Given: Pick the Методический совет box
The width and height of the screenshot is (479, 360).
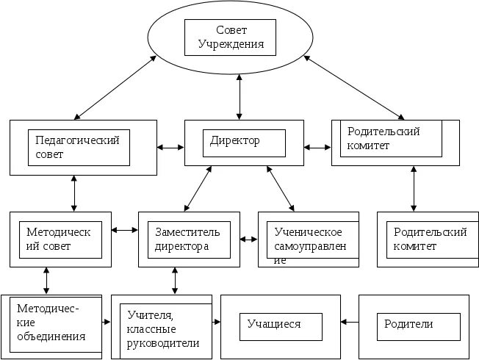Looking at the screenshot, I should tap(60, 239).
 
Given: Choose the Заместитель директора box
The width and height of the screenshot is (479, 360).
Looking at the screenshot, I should tap(189, 239).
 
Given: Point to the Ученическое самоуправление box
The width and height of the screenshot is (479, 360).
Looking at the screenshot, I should tap(309, 240).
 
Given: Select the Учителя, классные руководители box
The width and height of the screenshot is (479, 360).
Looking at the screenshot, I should tap(162, 326).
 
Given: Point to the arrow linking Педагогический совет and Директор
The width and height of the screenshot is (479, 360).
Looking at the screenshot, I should tap(170, 148).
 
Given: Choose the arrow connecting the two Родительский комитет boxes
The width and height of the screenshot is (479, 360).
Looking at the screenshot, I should tap(414, 189).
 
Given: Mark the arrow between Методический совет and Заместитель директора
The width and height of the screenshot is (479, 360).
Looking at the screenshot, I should tap(125, 231).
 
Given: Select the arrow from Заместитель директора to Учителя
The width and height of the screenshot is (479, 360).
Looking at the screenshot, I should tap(174, 280).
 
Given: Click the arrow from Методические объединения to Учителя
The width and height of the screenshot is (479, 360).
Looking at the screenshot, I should tap(107, 322).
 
